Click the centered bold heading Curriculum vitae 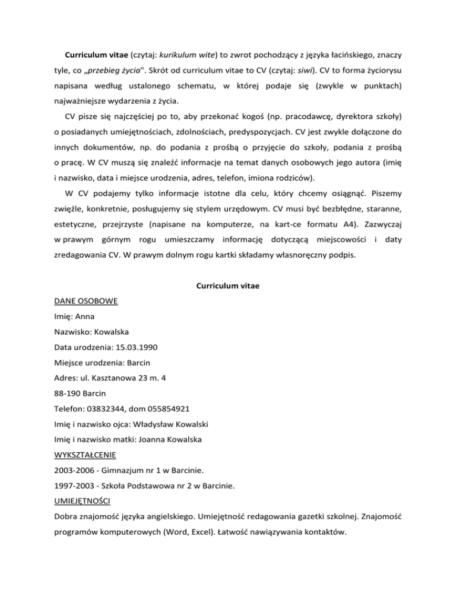(x=227, y=286)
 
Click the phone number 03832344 (x=112, y=409)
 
